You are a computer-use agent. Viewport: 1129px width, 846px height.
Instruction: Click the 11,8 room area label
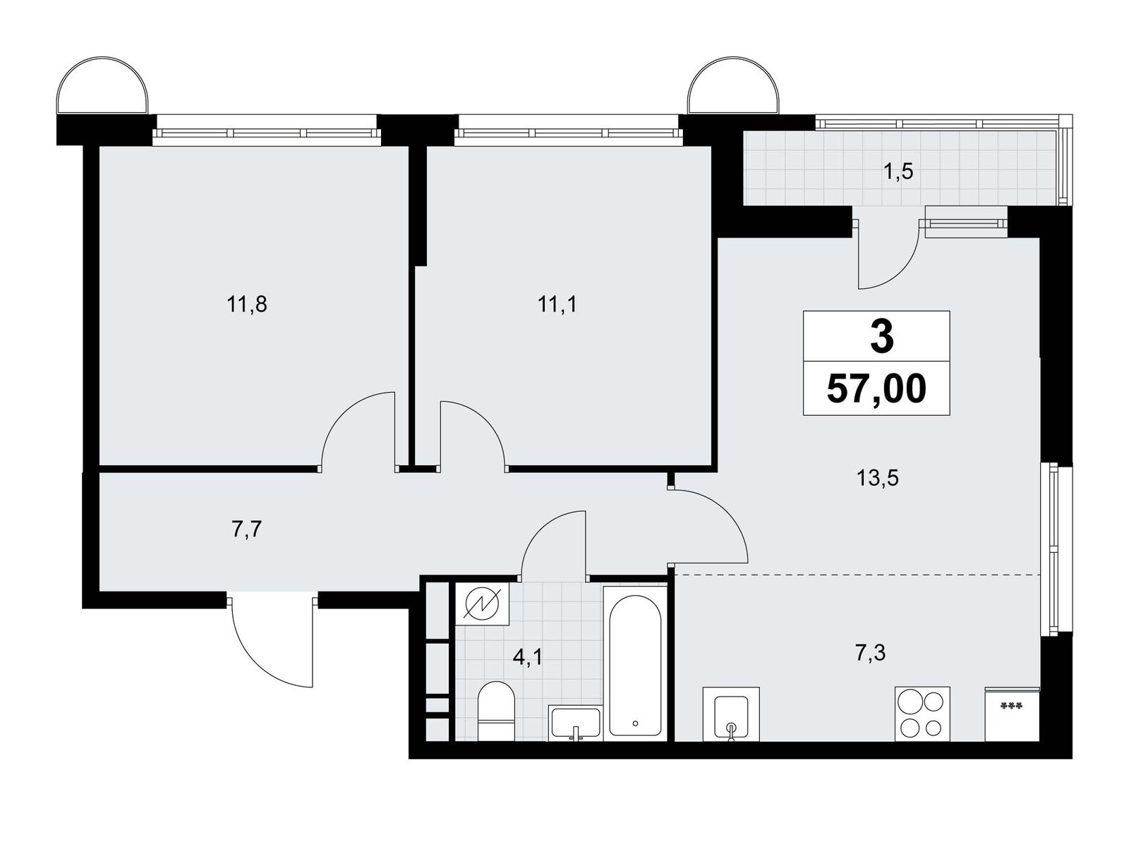[247, 306]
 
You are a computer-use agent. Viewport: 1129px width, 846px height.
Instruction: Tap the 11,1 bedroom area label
[557, 306]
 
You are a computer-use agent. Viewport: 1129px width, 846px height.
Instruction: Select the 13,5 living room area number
[878, 478]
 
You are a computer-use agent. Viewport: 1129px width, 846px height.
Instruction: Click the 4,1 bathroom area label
[528, 658]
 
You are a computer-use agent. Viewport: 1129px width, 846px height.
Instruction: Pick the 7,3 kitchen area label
[871, 654]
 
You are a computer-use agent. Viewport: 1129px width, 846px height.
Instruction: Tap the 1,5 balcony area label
[898, 171]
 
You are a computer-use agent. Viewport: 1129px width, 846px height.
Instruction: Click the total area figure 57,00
[876, 389]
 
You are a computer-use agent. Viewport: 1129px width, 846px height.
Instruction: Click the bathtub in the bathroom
[635, 662]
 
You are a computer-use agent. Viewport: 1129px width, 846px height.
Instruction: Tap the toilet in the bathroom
[496, 711]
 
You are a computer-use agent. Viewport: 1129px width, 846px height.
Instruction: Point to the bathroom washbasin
[575, 723]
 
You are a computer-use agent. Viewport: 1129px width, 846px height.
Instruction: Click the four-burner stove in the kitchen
[922, 714]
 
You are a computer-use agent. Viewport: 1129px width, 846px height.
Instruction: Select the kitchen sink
[731, 714]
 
